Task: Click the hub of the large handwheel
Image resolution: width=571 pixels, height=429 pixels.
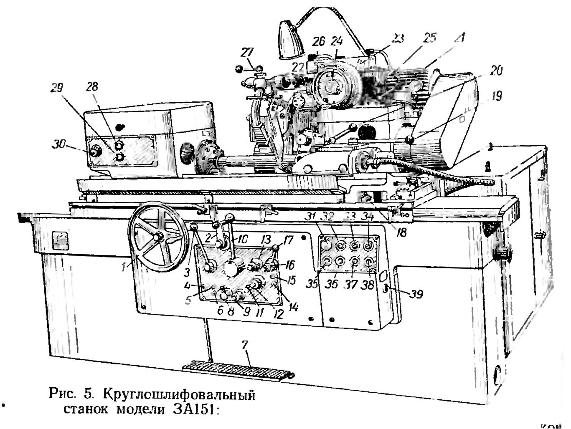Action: (x=158, y=237)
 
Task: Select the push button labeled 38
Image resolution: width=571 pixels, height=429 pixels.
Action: (x=369, y=262)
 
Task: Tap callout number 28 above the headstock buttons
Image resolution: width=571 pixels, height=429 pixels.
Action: (x=92, y=86)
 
